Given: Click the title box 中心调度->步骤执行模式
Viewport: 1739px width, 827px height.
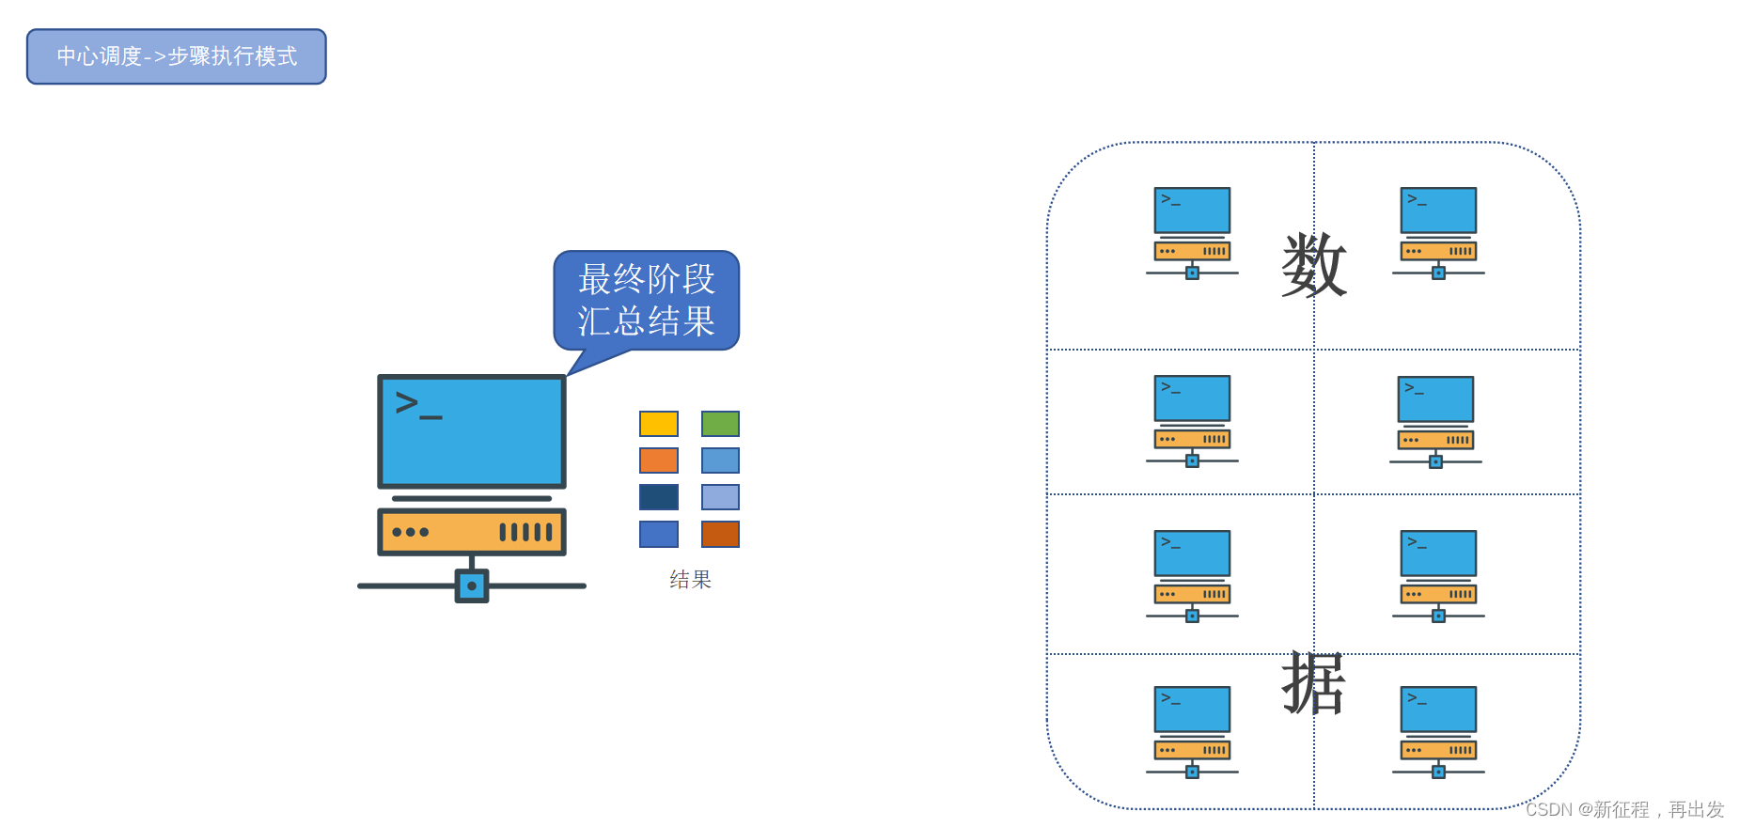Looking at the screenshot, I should click(177, 56).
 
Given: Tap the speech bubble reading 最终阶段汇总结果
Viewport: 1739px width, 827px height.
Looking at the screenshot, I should click(647, 300).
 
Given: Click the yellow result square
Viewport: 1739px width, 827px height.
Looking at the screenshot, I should click(659, 424).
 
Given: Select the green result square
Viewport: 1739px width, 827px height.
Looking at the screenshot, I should click(720, 424).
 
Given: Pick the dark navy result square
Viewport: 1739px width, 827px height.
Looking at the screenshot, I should click(659, 497).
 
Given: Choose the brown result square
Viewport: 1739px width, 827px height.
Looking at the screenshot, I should click(720, 534).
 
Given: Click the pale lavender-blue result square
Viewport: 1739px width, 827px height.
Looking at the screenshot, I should click(720, 497).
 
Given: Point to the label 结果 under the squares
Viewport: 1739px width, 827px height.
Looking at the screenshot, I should click(690, 580).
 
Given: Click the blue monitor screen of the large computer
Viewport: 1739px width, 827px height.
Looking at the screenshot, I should click(472, 431).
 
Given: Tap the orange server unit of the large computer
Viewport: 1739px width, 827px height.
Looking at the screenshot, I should click(472, 532).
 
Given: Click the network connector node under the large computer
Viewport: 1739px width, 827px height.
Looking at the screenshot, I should click(472, 585).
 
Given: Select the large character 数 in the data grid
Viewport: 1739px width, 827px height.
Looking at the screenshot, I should click(1314, 265).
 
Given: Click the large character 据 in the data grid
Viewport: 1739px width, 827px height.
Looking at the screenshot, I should click(1314, 683).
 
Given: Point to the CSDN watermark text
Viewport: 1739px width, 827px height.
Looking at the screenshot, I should click(1624, 809).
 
